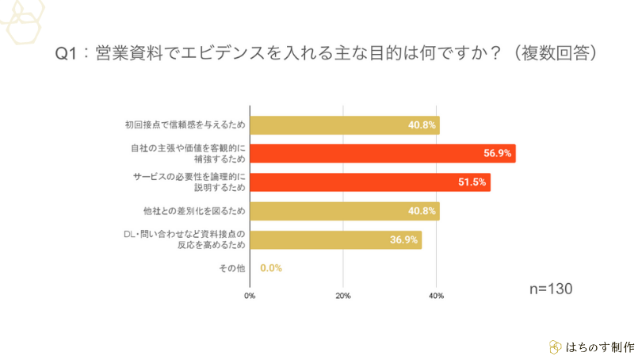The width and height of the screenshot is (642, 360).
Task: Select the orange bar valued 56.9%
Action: pos(383,153)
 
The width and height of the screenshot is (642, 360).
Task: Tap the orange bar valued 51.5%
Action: pos(370,182)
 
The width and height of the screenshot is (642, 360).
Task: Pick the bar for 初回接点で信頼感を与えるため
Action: pos(345,124)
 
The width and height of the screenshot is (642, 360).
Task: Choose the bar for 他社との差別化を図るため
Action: pos(345,211)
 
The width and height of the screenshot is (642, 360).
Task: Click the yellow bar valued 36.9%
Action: pos(336,240)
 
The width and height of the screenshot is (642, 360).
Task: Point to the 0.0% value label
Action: pos(271,268)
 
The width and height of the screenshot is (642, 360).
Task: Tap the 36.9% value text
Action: pos(403,240)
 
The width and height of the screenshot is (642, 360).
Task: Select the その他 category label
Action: pos(232,269)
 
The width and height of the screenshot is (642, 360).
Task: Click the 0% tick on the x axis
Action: pos(250,296)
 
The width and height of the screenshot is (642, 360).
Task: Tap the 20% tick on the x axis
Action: pos(342,296)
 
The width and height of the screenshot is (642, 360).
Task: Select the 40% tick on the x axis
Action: pos(436,296)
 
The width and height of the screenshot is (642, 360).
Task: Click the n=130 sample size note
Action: pos(550,288)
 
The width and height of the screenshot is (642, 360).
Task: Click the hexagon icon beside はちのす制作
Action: pos(555,347)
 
